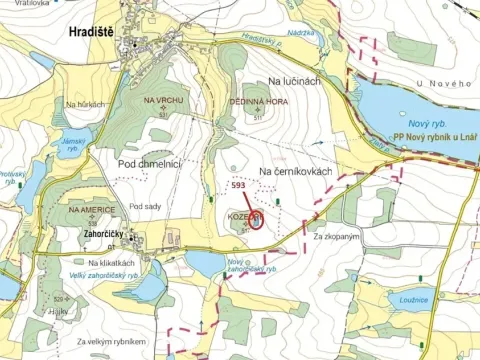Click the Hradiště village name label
tap(91, 32)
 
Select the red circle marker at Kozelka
tap(256, 220)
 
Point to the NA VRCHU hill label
tap(161, 101)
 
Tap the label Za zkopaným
tap(336, 237)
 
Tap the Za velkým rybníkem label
tap(109, 343)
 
